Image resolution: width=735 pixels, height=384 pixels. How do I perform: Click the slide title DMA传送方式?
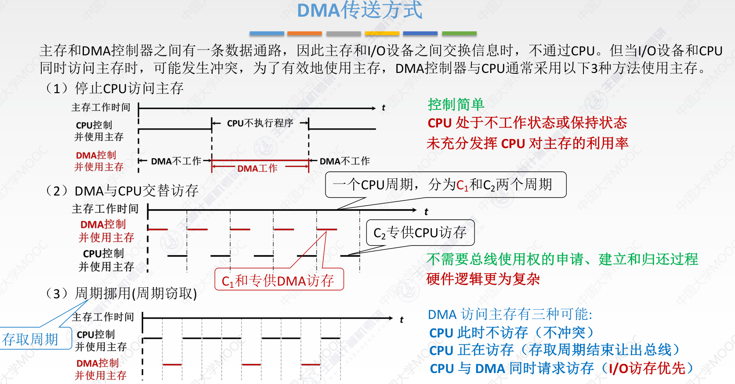360,10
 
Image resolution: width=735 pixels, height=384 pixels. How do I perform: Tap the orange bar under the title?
304,33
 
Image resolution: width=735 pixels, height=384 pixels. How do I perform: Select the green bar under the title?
460,33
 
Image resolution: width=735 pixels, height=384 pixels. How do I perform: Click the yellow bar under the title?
382,33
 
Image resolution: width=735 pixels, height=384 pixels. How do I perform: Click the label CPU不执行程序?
260,123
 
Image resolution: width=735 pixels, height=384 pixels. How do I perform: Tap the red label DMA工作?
257,168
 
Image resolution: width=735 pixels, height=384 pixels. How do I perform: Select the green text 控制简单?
456,105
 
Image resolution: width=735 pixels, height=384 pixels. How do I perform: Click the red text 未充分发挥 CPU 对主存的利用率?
527,143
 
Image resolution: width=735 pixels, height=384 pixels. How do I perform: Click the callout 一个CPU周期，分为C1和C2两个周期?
445,185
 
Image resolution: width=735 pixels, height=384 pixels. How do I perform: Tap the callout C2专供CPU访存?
420,233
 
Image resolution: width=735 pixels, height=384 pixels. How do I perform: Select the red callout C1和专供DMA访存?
279,279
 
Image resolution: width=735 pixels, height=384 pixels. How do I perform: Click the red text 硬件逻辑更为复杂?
483,279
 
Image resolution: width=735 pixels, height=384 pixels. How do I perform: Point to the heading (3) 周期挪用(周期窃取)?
120,293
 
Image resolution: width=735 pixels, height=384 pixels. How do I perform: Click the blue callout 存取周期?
36,338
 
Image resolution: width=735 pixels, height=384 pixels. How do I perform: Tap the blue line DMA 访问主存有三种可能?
510,315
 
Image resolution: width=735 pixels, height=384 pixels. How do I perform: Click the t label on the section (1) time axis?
383,108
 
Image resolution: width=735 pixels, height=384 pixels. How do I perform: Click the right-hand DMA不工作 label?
344,161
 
